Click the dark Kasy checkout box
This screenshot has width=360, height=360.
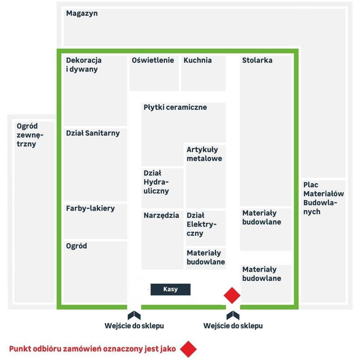click(x=171, y=289)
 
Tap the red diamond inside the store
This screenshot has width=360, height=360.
click(x=232, y=295)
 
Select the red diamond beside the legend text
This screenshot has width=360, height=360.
click(x=188, y=349)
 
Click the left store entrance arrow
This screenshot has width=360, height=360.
click(x=134, y=315)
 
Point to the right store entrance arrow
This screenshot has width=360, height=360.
click(x=233, y=315)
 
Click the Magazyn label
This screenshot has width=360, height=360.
click(x=82, y=13)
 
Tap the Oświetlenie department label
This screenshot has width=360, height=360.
click(x=153, y=60)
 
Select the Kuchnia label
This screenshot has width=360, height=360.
click(x=197, y=60)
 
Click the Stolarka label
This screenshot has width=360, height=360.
click(x=257, y=60)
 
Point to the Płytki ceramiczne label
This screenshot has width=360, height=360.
click(x=175, y=107)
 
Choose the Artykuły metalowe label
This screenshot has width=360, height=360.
click(x=204, y=154)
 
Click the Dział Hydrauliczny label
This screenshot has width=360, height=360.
click(x=156, y=182)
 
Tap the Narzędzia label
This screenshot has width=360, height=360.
click(x=161, y=215)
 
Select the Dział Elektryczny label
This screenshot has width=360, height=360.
click(x=201, y=224)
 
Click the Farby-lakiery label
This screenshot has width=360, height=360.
click(x=90, y=208)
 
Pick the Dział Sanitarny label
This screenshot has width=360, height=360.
click(x=93, y=133)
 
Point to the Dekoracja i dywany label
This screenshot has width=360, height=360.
click(x=83, y=65)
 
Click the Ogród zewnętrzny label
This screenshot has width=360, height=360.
click(x=30, y=135)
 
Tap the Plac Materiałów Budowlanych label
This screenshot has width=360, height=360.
click(x=324, y=198)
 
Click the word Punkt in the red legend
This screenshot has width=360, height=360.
click(x=20, y=349)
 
